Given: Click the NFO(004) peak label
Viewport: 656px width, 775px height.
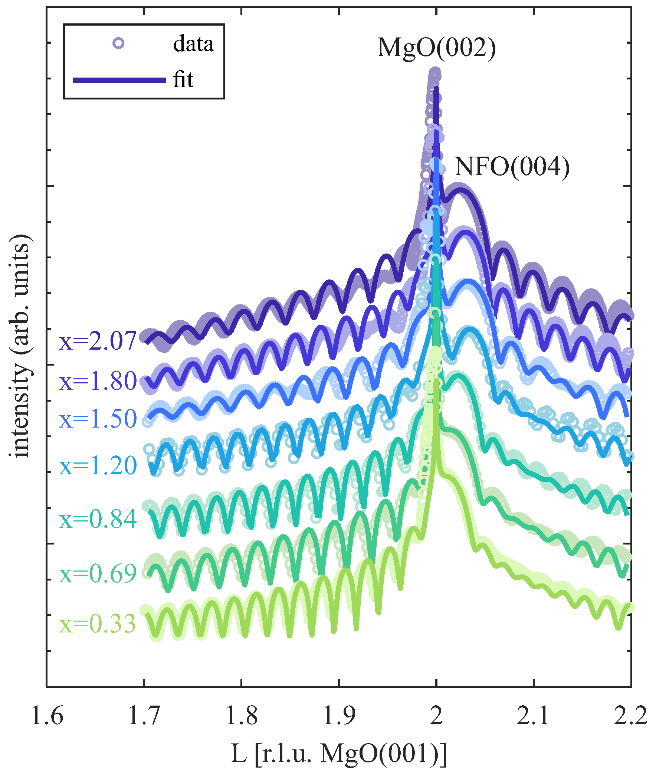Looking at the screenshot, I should coord(512,167).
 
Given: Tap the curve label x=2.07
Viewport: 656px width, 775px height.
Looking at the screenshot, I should coord(98,341).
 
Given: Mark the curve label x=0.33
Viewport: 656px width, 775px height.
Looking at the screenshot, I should coord(98,624).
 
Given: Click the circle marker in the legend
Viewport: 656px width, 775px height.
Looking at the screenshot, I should coord(118,43).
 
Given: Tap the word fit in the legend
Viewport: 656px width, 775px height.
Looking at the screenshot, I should coord(183,80).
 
